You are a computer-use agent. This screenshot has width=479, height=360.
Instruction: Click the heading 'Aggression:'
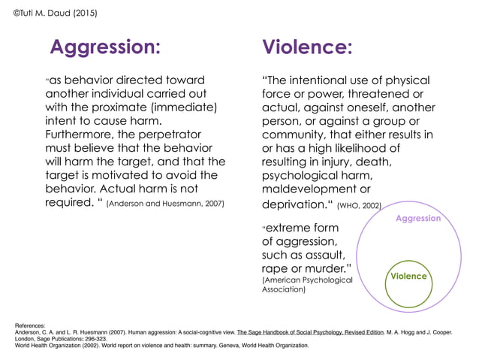pos(105,47)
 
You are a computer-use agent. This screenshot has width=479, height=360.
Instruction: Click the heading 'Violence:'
pos(307,47)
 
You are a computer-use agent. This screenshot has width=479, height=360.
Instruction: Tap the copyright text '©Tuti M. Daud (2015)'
pos(56,13)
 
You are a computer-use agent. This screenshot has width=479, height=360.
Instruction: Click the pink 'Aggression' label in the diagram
pos(418,218)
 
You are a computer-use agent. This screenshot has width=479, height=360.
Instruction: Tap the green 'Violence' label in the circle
pos(408,276)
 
